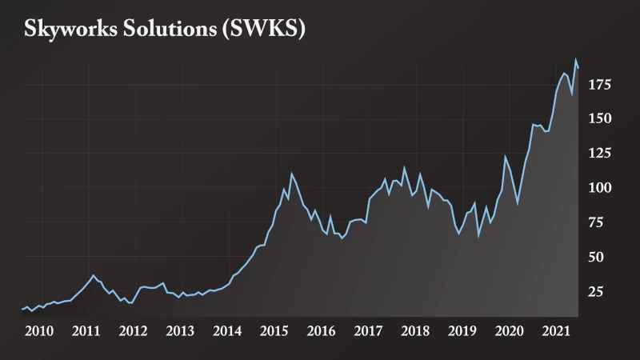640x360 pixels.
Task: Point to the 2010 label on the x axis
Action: [39, 330]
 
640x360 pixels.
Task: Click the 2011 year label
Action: [86, 330]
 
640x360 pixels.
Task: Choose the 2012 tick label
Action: [133, 330]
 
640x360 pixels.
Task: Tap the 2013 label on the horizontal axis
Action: [180, 330]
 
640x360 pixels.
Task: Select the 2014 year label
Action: [227, 330]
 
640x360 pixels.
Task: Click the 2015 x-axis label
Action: [274, 330]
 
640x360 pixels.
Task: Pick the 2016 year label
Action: [321, 330]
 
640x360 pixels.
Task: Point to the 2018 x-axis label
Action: [415, 330]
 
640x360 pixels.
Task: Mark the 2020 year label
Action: [510, 330]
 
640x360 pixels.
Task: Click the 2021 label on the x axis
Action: [556, 330]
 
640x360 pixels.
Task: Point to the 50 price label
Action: [597, 257]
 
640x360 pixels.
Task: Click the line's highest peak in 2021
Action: [575, 59]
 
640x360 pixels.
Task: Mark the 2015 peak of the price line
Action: [291, 174]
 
